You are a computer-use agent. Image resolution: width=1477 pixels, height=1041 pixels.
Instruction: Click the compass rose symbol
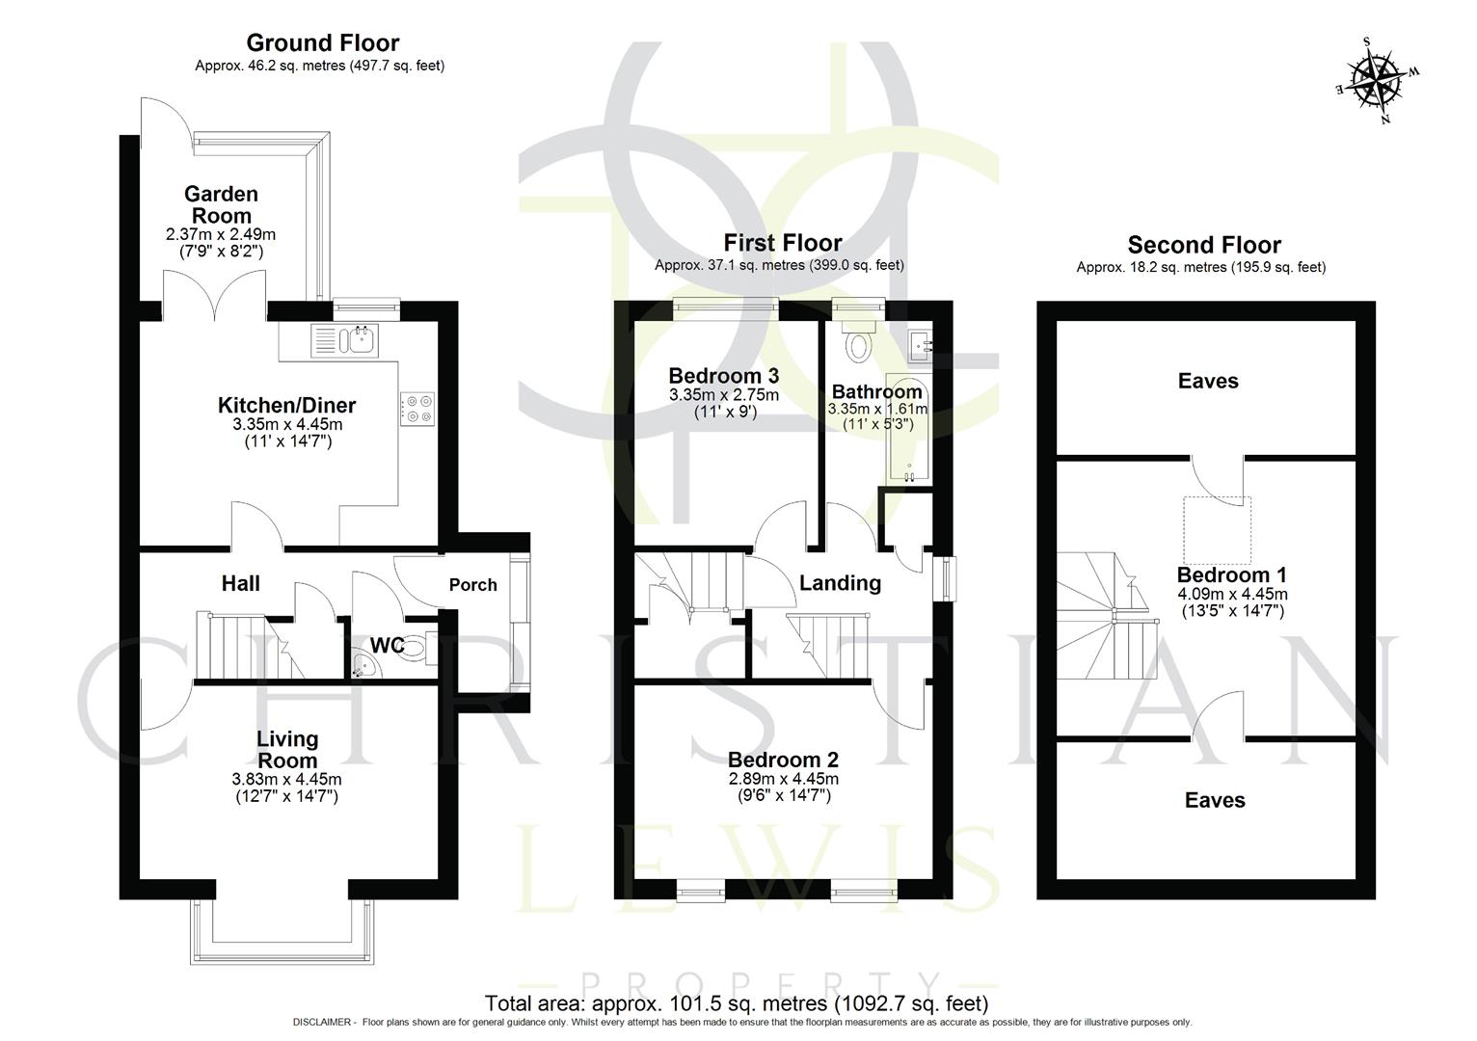point(1377,80)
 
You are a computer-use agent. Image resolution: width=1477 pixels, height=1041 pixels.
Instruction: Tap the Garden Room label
point(221,204)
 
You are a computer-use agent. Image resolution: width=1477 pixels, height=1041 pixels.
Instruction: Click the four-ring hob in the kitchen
point(416,409)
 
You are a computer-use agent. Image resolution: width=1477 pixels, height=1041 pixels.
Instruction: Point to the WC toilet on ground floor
point(415,650)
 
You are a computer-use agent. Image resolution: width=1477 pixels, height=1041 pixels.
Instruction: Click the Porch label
point(472,585)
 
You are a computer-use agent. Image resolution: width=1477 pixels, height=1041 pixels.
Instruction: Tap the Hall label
point(240,583)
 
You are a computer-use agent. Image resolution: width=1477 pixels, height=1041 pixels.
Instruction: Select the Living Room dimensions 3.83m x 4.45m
point(286,779)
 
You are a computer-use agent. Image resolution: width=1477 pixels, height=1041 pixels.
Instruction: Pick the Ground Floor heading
point(322,42)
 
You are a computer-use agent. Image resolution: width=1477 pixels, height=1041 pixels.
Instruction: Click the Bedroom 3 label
point(723,376)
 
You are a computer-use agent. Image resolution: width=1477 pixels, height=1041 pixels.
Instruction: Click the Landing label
point(840,583)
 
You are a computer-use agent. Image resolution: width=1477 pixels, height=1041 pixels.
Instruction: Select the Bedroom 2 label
point(783,759)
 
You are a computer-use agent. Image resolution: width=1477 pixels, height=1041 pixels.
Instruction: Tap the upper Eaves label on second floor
point(1207,382)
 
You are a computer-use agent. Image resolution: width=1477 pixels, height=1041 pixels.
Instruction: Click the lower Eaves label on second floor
point(1214,800)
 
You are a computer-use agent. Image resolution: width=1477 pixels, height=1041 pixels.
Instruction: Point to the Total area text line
point(737,1002)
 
